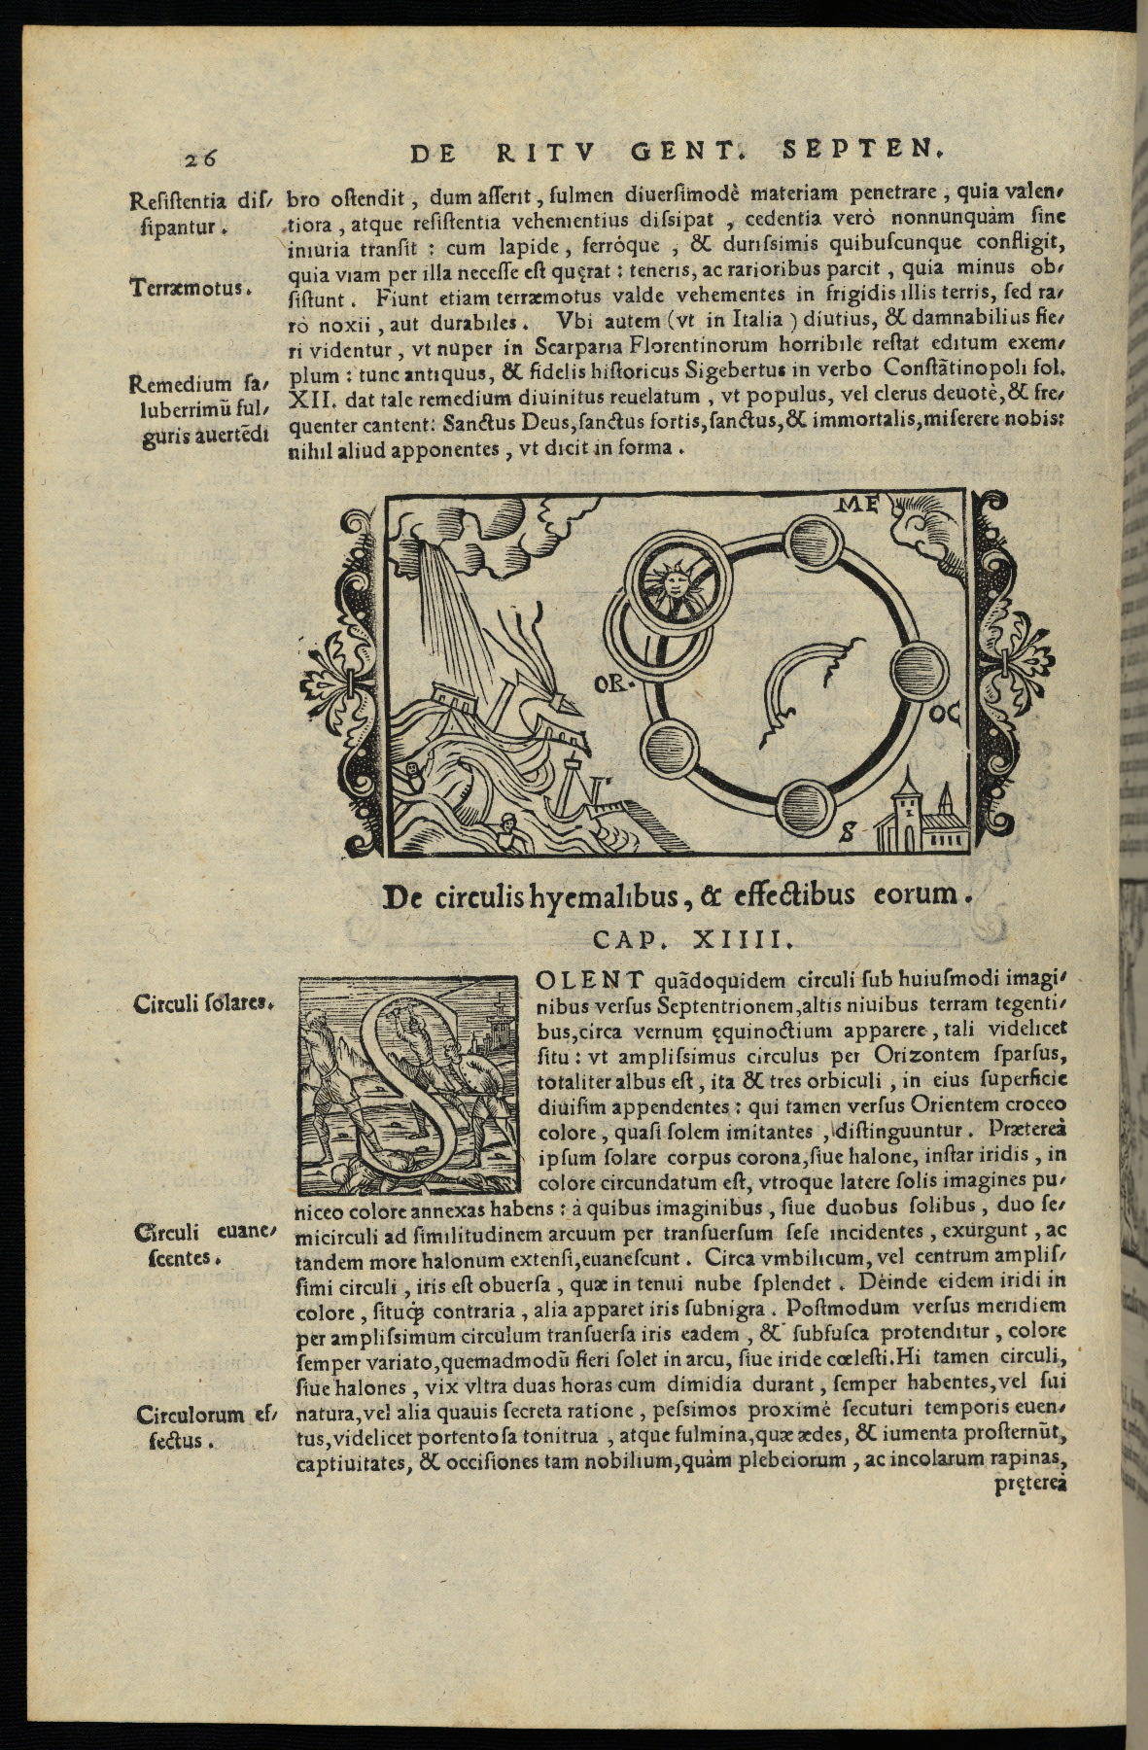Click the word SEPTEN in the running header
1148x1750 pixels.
(862, 152)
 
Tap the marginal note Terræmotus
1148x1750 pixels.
(191, 288)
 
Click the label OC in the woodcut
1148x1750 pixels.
(946, 717)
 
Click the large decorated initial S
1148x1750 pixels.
(412, 1084)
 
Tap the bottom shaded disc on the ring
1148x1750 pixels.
(806, 803)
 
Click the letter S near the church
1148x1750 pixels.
(848, 831)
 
